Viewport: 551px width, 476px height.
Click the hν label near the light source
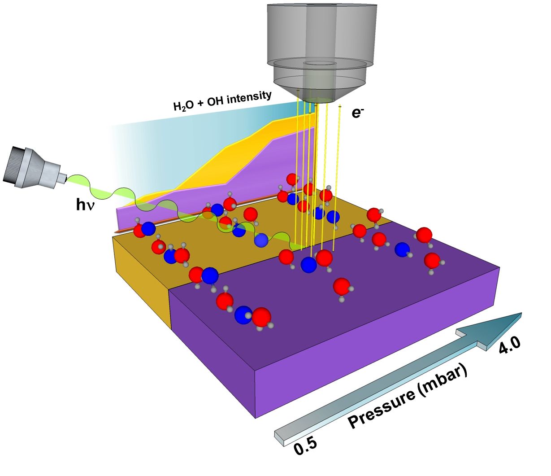(x=86, y=205)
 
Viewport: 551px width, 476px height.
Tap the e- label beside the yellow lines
(x=357, y=112)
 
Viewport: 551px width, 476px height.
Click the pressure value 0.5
(x=305, y=446)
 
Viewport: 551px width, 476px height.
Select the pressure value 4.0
(x=510, y=346)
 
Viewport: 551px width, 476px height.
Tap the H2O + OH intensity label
(x=222, y=101)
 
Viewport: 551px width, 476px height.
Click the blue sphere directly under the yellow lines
(x=308, y=265)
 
